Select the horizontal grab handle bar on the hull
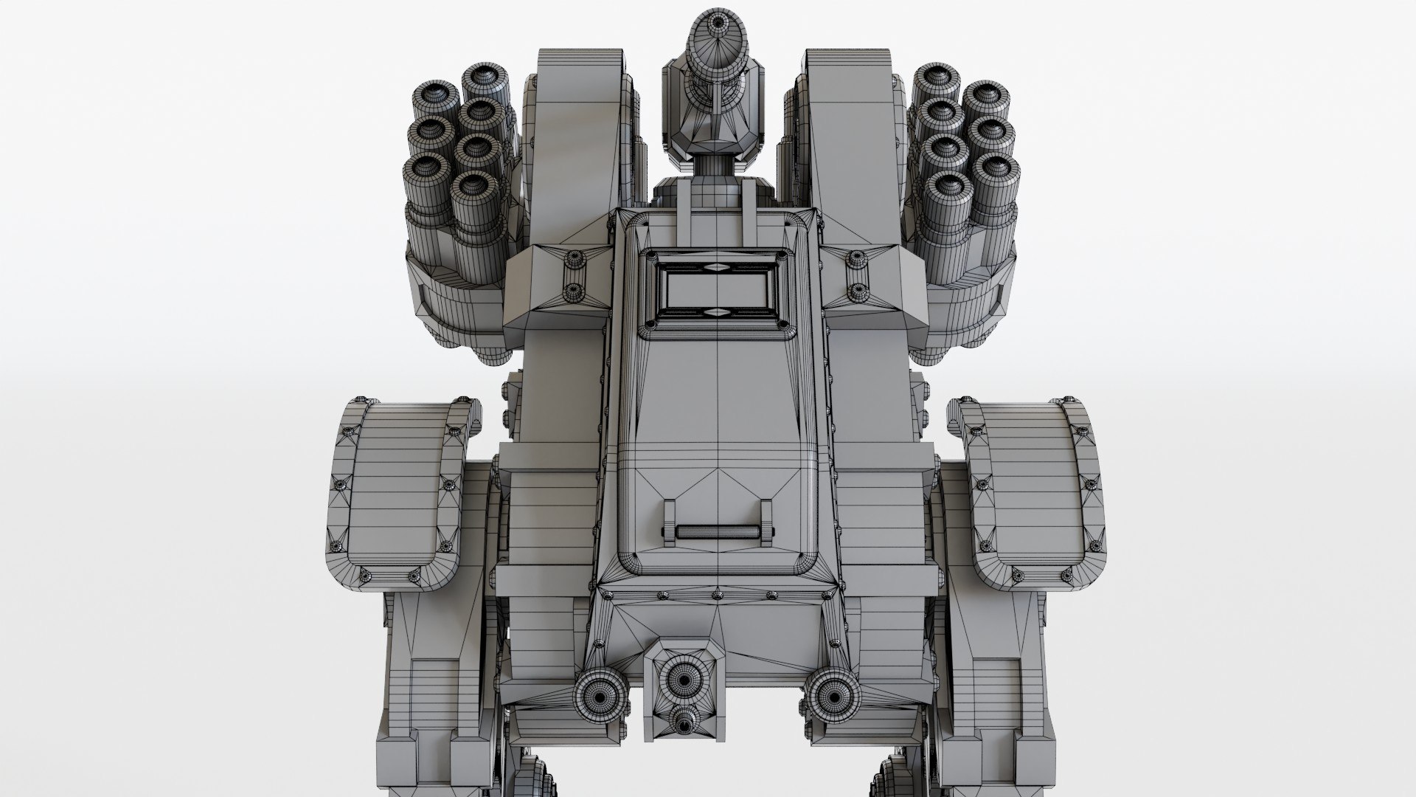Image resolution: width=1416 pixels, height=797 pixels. (x=717, y=531)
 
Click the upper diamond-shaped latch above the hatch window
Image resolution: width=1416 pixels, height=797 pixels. (x=717, y=267)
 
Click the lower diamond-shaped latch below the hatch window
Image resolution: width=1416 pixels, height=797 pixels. (x=717, y=313)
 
